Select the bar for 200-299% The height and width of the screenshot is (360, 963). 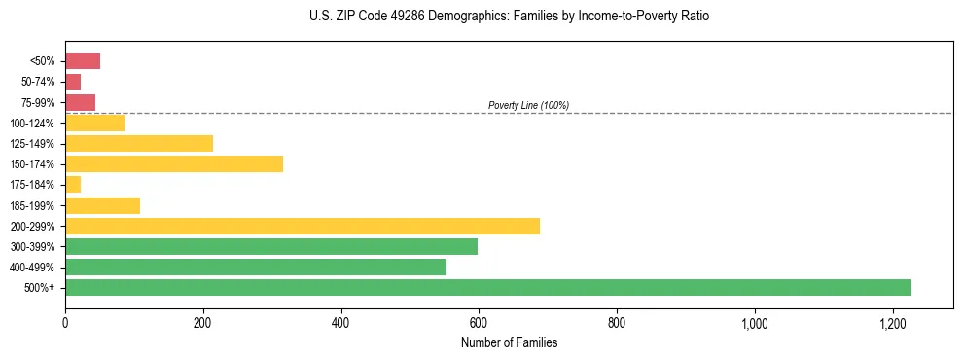pyautogui.click(x=303, y=226)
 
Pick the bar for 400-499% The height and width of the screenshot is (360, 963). pyautogui.click(x=256, y=268)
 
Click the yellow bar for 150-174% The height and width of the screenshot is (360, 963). pyautogui.click(x=174, y=164)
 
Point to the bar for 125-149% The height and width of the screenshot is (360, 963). pyautogui.click(x=139, y=144)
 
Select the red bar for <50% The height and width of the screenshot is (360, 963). pyautogui.click(x=83, y=61)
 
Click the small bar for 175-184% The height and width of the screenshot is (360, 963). pyautogui.click(x=73, y=185)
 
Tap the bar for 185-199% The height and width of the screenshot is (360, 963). pyautogui.click(x=102, y=205)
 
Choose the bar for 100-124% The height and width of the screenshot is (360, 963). pyautogui.click(x=94, y=124)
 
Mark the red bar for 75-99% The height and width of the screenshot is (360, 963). pyautogui.click(x=80, y=102)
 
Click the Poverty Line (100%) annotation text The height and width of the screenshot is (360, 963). pyautogui.click(x=528, y=105)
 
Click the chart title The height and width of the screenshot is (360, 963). pyautogui.click(x=510, y=18)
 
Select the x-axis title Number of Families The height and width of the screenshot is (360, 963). pyautogui.click(x=510, y=342)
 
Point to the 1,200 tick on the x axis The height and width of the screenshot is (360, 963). pyautogui.click(x=893, y=322)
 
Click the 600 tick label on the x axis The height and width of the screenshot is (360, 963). pyautogui.click(x=479, y=322)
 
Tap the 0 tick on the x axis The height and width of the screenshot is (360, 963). pyautogui.click(x=65, y=322)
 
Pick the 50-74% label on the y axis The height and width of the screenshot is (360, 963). pyautogui.click(x=38, y=82)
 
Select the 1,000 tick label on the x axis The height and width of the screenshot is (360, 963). pyautogui.click(x=755, y=322)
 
